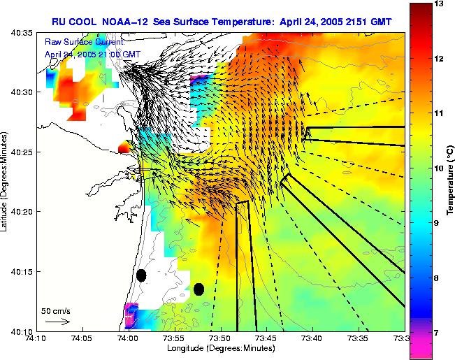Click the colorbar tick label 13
point(438,4)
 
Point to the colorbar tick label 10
point(438,168)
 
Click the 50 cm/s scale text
point(55,310)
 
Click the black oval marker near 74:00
point(141,275)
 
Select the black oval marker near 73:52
point(198,289)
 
